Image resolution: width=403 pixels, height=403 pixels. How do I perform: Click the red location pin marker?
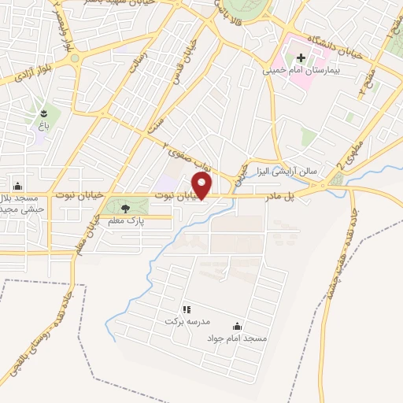203,187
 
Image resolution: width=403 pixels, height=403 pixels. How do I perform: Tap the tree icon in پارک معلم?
125,209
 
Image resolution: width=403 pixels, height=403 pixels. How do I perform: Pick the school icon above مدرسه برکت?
187,309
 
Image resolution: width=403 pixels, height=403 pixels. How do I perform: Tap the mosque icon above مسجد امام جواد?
238,326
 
